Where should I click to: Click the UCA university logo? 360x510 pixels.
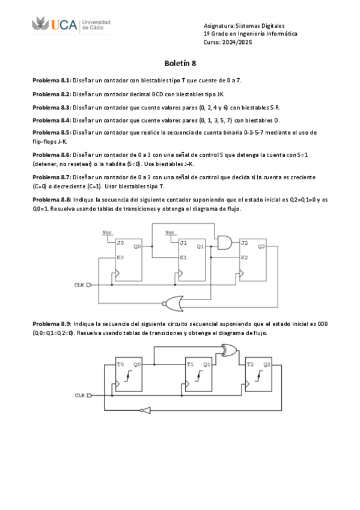coord(70,24)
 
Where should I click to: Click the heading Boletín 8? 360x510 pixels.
coord(180,63)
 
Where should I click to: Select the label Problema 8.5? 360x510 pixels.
coord(51,132)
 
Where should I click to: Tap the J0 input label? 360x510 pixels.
coord(121,243)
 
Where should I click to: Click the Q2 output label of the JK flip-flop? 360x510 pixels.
coord(261,246)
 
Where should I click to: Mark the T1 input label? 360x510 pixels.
coord(190,364)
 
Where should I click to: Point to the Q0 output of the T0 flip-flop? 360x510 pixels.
coord(137,364)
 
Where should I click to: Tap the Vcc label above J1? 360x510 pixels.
coord(170,232)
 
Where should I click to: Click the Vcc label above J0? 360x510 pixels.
coord(106,232)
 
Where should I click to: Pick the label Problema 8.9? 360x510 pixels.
coord(51,324)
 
